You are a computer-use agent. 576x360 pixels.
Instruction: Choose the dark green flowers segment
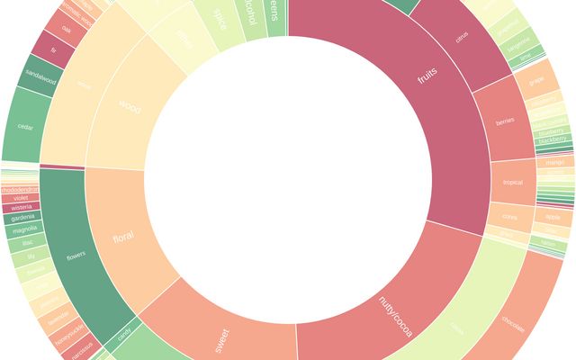(76, 255)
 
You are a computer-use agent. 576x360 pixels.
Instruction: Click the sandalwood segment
(40, 79)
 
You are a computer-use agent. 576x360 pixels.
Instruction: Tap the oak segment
(66, 29)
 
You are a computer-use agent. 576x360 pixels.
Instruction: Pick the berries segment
(505, 122)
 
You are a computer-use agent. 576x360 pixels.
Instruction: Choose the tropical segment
(512, 183)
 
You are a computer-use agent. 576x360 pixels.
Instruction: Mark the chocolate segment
(513, 321)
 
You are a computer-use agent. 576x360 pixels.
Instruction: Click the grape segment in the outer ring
(537, 79)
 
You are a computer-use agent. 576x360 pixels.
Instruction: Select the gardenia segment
(22, 218)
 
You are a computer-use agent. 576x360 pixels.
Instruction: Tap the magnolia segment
(25, 230)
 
